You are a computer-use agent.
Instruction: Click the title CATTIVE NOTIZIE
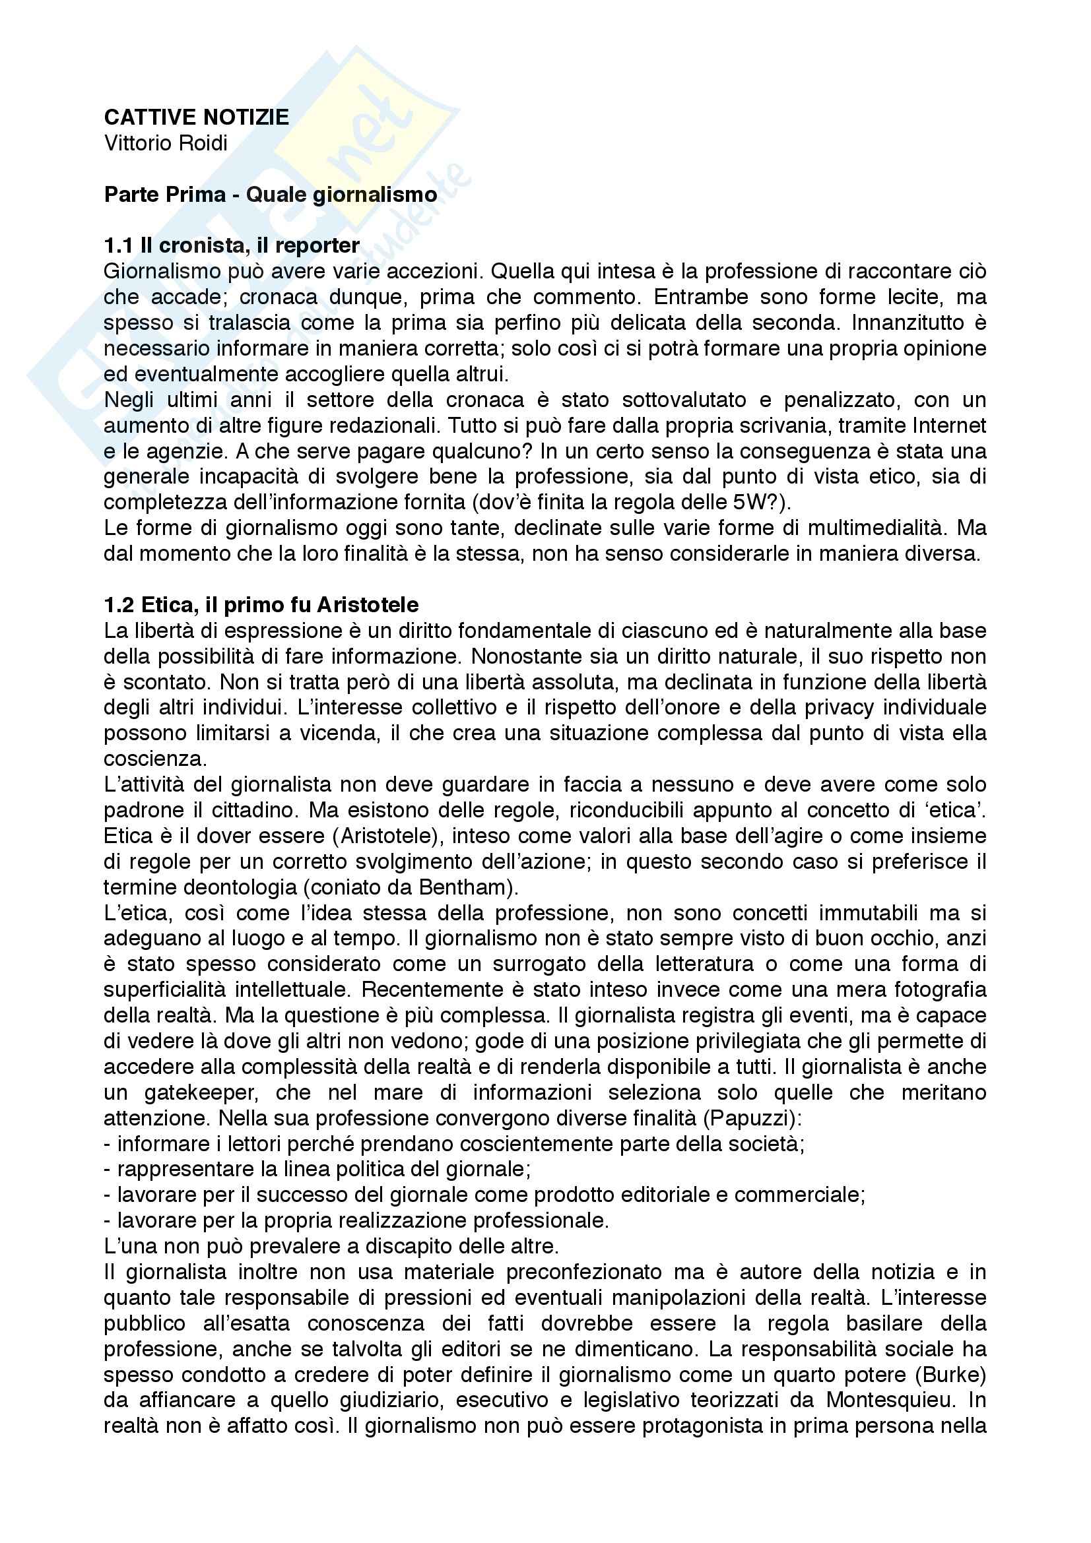[x=196, y=117]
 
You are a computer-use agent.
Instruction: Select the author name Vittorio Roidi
[x=166, y=143]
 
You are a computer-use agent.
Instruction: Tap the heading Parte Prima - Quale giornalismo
[x=270, y=195]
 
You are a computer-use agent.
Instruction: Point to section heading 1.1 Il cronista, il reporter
[x=231, y=246]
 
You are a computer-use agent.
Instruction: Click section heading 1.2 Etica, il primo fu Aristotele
[x=261, y=605]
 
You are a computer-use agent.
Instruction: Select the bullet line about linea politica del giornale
[x=317, y=1170]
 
